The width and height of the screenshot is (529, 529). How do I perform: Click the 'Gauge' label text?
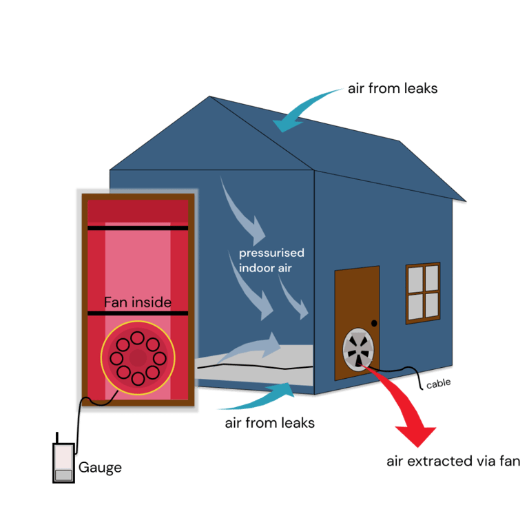[100, 468]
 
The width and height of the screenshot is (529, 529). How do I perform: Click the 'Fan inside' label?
[138, 302]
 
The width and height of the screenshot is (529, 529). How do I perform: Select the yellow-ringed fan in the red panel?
[138, 357]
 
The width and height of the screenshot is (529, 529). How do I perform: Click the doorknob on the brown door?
[374, 322]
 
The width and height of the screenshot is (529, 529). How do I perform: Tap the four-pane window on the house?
[422, 292]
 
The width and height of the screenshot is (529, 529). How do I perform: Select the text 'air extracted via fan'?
[453, 461]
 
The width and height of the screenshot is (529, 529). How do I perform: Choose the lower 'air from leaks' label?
[269, 423]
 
